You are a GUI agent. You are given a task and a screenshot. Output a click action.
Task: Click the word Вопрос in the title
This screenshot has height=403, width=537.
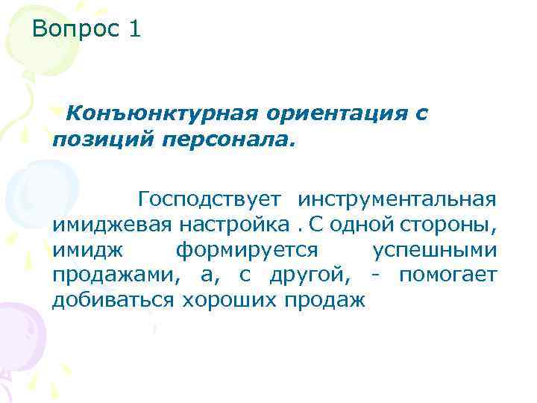(x=75, y=31)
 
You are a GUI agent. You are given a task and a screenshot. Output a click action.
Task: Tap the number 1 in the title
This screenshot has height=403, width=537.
(x=134, y=30)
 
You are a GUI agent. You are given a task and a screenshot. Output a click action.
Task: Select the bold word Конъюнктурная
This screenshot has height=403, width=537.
(x=160, y=113)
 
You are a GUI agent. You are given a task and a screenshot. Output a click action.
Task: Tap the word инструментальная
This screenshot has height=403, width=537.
(x=396, y=199)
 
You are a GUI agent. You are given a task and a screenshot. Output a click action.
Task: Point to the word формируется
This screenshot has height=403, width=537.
(x=247, y=250)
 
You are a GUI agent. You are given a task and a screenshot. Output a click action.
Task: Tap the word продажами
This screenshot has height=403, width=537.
(x=117, y=275)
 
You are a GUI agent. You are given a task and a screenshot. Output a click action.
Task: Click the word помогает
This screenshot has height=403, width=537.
(x=447, y=275)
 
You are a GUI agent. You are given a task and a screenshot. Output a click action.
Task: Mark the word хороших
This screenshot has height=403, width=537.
(x=229, y=301)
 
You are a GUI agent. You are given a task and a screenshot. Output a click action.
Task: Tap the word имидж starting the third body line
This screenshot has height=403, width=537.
(x=82, y=250)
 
